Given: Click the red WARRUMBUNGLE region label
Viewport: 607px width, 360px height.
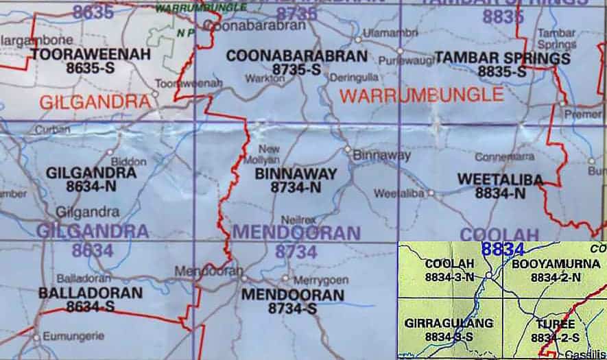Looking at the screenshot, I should click(x=422, y=95).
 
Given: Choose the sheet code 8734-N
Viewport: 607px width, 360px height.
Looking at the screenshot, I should click(x=296, y=187).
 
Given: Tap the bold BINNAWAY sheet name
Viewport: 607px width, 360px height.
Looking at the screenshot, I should click(x=296, y=174).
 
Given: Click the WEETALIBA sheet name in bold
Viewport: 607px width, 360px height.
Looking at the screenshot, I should click(x=500, y=180).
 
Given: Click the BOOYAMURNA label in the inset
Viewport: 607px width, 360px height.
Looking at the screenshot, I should click(x=556, y=264).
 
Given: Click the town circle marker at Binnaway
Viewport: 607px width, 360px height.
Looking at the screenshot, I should click(x=348, y=149).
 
